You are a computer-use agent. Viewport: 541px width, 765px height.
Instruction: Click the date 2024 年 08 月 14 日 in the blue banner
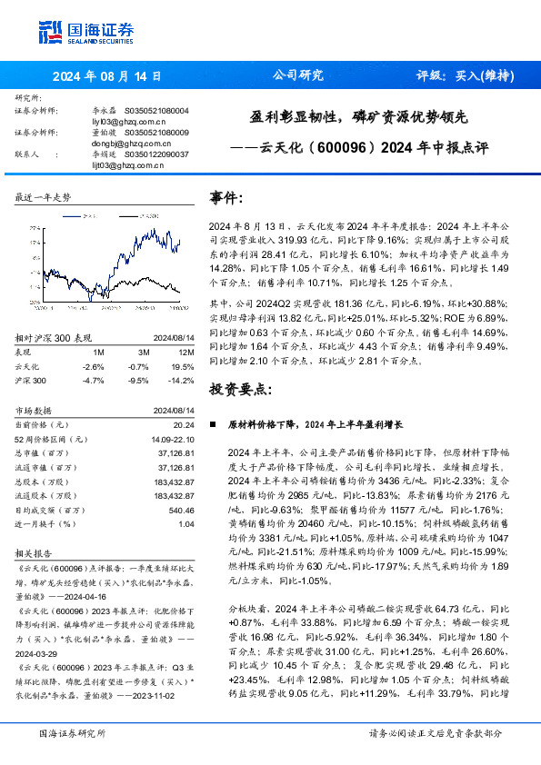tap(106, 76)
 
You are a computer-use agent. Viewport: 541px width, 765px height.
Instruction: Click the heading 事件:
tap(226, 198)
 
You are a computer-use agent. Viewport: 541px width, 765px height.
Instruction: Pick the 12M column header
tap(185, 351)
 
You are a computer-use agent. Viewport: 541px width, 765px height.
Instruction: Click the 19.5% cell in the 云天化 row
tap(183, 365)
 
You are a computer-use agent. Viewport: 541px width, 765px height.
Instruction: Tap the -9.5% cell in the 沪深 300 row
tap(139, 381)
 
